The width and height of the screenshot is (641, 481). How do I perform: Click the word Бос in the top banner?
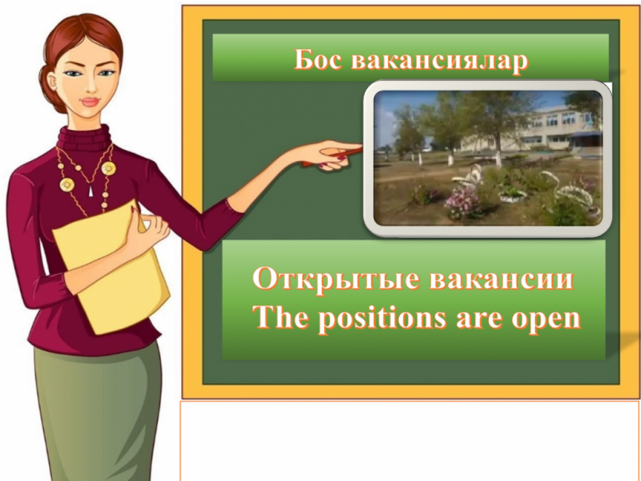[x=318, y=59]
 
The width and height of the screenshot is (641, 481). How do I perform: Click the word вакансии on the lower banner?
[x=502, y=280]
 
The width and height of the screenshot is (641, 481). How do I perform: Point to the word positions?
[x=382, y=317]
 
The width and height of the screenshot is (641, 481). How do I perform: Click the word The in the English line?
[x=280, y=317]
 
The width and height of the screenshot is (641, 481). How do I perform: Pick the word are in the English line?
[x=479, y=319]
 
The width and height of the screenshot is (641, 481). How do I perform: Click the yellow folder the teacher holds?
[x=111, y=266]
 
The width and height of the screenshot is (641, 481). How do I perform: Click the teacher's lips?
[x=91, y=102]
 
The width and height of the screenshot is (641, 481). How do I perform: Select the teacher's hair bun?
[x=50, y=88]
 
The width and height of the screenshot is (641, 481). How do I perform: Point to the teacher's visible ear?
[x=52, y=82]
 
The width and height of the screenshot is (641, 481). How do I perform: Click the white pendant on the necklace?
[x=91, y=190]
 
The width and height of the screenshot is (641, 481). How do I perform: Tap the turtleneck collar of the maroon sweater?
[x=84, y=138]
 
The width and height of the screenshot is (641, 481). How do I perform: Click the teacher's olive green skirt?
[x=98, y=409]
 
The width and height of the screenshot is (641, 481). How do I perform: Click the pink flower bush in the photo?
[x=463, y=204]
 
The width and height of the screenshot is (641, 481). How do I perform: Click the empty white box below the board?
[x=409, y=441]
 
